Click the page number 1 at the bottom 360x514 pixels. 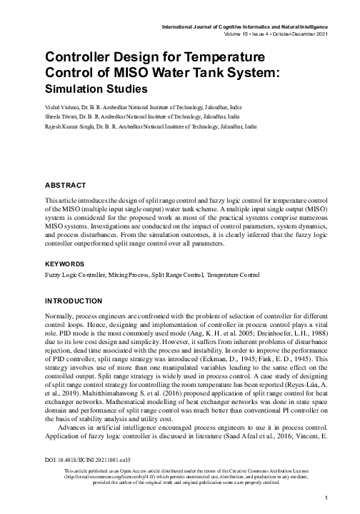pos(325,498)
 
